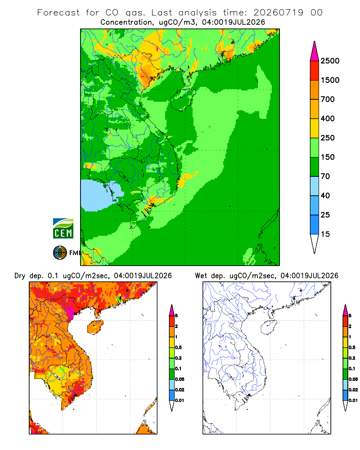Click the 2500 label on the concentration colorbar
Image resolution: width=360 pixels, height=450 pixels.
tap(330, 61)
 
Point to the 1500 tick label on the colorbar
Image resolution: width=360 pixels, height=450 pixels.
tap(330, 80)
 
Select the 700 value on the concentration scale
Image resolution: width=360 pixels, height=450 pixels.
tap(328, 99)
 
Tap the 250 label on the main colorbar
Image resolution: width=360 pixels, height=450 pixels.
tap(328, 138)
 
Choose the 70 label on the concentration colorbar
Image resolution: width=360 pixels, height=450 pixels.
tap(325, 176)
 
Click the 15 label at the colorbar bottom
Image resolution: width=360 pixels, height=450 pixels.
tap(325, 234)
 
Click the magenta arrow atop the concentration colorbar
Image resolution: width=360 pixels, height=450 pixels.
tap(315, 51)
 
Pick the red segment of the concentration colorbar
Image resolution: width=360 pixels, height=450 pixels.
tap(315, 71)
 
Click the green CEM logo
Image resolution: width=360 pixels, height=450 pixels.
tap(63, 229)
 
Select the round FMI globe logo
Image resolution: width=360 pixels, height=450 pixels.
tap(60, 253)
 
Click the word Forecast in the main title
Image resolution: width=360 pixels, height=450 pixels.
tap(58, 13)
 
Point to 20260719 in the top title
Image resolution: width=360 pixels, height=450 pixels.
tap(278, 13)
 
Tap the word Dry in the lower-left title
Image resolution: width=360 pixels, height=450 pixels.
tap(20, 276)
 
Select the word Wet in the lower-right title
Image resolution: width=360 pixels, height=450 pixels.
tap(201, 276)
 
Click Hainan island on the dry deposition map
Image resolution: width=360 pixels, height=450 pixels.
tap(95, 327)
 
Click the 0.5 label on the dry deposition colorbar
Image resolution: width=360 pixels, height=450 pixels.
tap(178, 347)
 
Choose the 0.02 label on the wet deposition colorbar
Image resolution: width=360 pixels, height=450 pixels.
tap(353, 390)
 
